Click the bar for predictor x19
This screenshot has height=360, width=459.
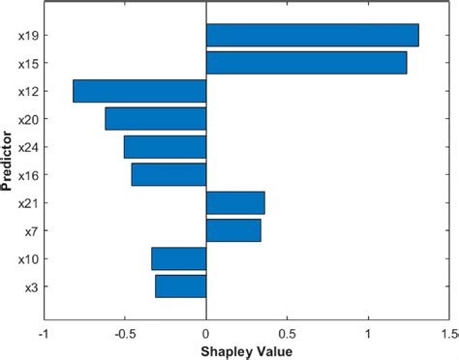pos(312,35)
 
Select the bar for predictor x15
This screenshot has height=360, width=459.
pos(306,63)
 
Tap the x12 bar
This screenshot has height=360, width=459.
pos(139,91)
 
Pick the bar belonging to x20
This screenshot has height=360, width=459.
pos(155,119)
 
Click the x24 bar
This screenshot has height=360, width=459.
pos(165,147)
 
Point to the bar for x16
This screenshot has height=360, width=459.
pos(168,174)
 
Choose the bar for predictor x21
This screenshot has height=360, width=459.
pos(235,202)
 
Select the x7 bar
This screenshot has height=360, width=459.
pos(233,230)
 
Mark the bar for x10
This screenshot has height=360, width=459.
pos(178,258)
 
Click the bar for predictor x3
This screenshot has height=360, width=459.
pos(180,286)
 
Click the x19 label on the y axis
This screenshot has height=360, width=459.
pos(27,36)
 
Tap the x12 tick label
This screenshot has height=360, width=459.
pos(27,92)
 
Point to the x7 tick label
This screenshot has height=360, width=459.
pos(30,231)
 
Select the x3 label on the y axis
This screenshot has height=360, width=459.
pos(30,287)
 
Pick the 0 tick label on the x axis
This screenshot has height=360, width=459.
pos(206,334)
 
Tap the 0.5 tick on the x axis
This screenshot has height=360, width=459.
pos(288,334)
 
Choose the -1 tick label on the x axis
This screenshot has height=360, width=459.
pos(42,334)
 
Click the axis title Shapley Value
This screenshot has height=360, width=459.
pos(246,350)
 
